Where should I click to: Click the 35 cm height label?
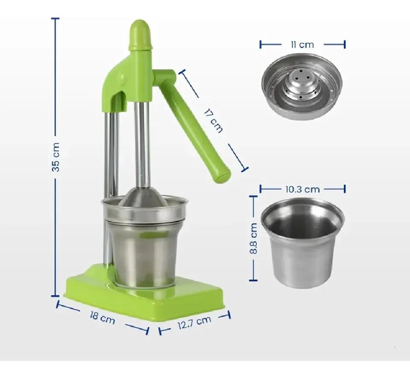[x=56, y=157]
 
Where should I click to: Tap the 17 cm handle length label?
[x=214, y=121]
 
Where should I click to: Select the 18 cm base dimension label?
[x=102, y=318]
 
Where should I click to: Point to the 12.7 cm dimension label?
[x=194, y=323]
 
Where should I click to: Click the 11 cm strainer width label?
[x=302, y=45]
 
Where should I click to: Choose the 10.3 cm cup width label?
[x=302, y=189]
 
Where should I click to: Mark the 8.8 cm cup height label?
[x=253, y=238]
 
